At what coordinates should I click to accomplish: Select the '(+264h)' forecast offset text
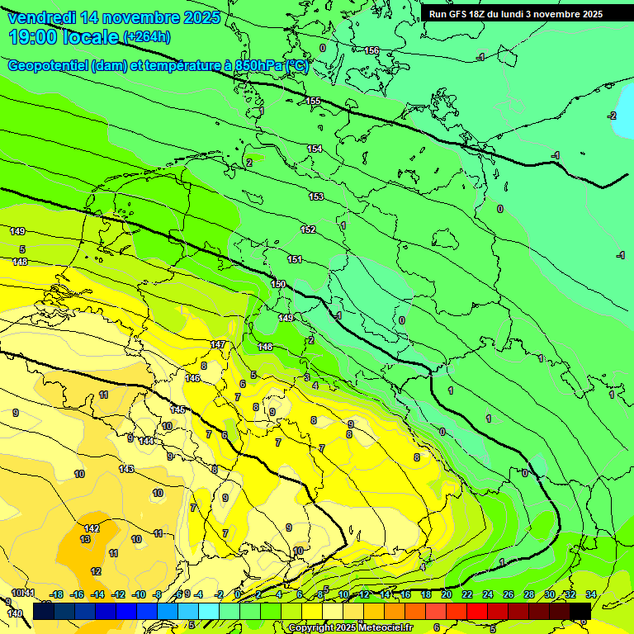tap(147, 37)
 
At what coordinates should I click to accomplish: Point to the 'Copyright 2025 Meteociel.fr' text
tap(349, 628)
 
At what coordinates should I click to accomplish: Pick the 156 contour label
tap(371, 51)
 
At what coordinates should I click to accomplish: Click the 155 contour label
tap(313, 102)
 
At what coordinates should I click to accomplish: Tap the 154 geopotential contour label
tap(315, 149)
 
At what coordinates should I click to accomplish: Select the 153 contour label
tap(316, 196)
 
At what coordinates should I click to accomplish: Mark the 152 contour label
tap(308, 229)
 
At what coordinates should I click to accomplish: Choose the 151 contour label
tap(295, 260)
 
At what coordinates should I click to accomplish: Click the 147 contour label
tap(218, 345)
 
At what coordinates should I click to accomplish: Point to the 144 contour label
tap(146, 441)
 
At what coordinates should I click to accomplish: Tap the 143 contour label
tap(126, 469)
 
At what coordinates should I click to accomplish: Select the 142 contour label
tap(92, 528)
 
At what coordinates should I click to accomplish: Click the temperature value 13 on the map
tap(85, 539)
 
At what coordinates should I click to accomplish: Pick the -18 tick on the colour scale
tap(57, 594)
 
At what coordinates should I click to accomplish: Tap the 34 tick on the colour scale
tap(590, 594)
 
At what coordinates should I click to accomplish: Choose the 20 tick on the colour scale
tap(447, 594)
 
